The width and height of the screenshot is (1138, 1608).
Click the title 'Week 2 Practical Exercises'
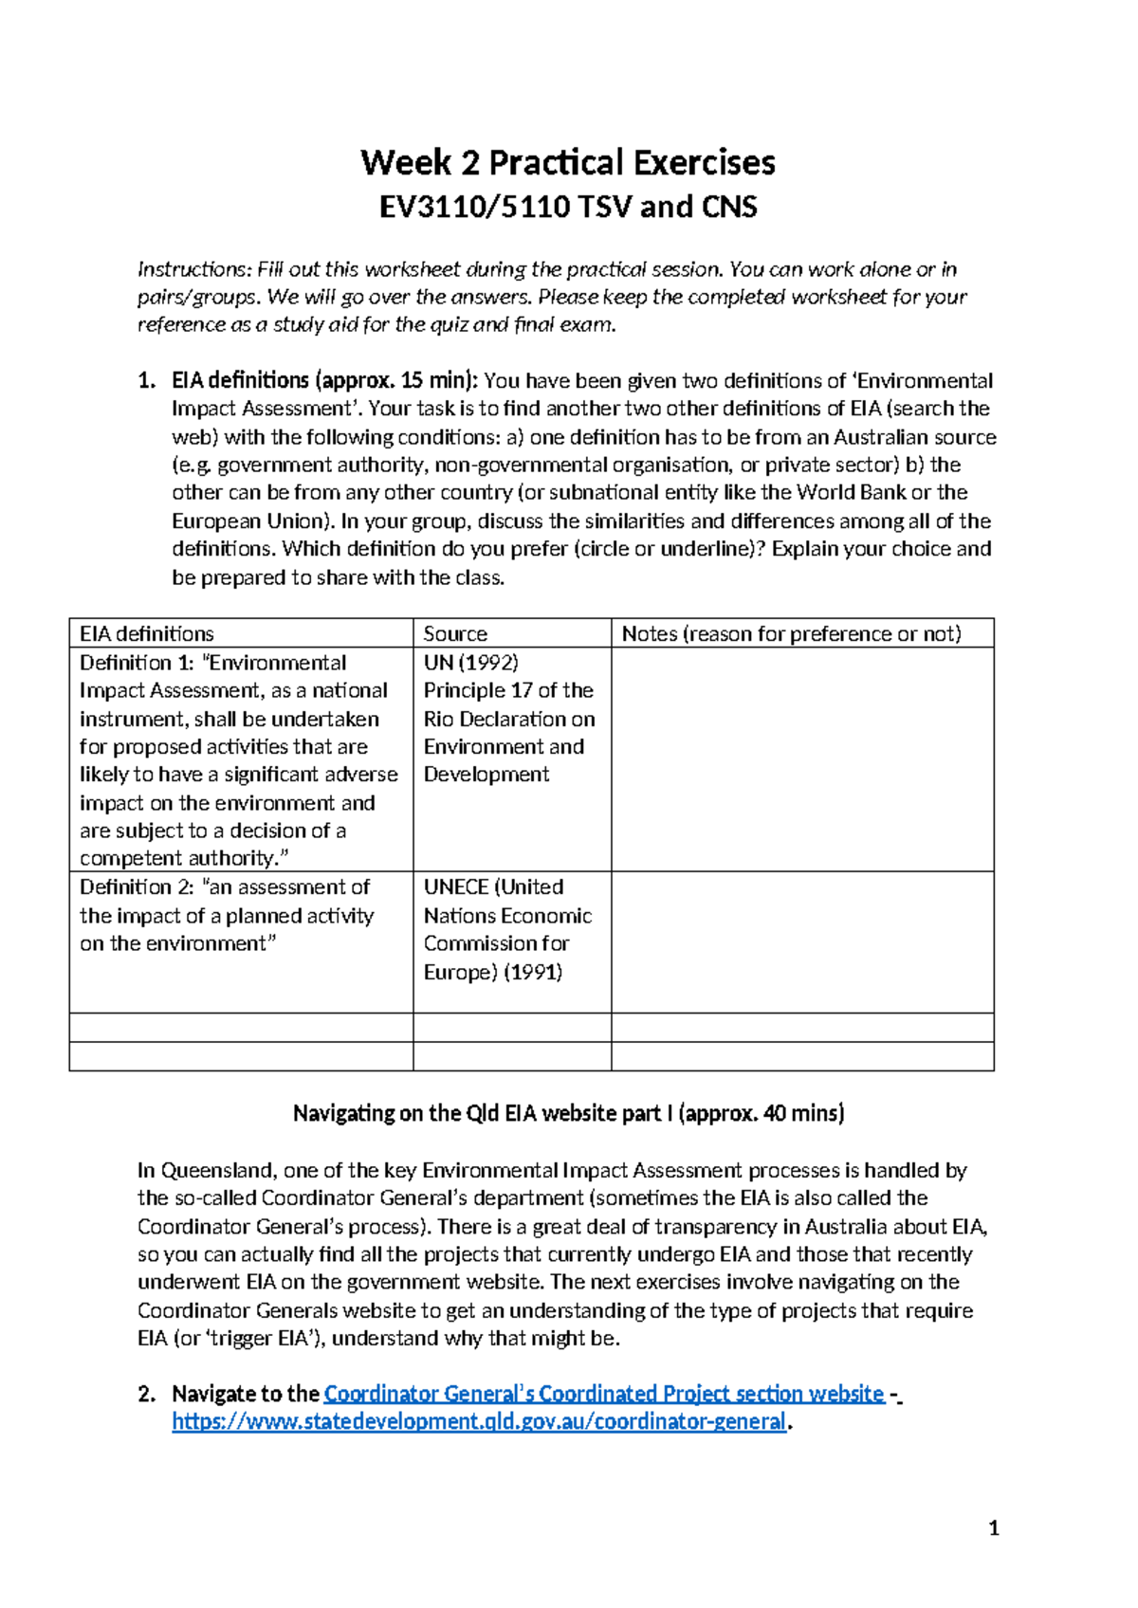(567, 162)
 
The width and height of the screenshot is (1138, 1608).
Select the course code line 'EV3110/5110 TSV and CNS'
(567, 207)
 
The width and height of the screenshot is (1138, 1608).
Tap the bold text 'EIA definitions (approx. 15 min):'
(325, 380)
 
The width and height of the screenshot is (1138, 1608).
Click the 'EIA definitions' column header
(147, 633)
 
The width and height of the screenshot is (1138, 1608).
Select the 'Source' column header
(455, 633)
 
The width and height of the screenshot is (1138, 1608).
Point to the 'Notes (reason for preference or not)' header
(791, 633)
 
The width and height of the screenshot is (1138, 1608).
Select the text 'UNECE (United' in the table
(493, 887)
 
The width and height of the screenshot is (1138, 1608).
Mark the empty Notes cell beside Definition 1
(802, 758)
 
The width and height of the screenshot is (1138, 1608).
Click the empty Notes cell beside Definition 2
(802, 941)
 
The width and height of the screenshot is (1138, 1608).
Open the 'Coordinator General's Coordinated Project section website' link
(603, 1394)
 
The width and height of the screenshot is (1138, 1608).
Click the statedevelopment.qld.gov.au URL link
(479, 1421)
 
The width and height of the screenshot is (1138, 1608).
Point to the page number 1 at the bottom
(993, 1527)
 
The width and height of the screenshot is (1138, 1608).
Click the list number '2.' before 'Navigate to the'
(146, 1394)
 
